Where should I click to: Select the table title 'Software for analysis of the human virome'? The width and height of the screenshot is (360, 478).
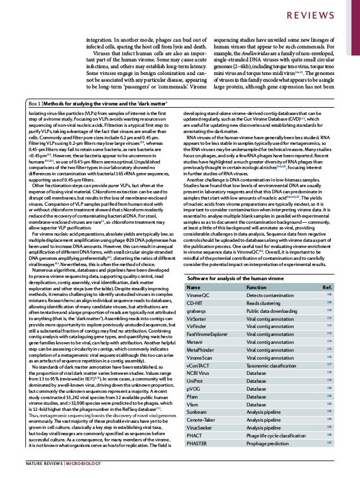[227, 278]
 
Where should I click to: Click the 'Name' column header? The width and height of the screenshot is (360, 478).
[192, 287]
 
